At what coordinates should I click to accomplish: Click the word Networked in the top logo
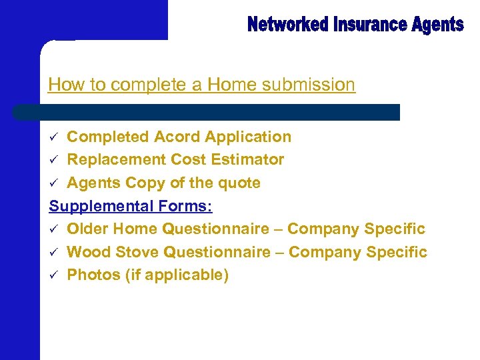point(289,25)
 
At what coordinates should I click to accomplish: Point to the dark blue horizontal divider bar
point(207,112)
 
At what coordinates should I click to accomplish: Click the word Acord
point(177,137)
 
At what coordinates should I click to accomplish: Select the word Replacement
point(117,159)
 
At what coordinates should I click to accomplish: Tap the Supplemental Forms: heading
point(131,206)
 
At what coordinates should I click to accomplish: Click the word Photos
point(93,275)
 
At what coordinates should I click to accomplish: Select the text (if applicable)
point(177,275)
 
